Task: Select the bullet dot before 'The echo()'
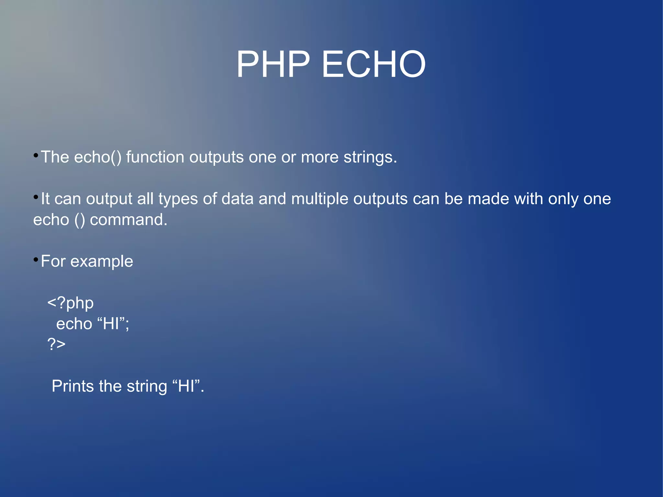click(x=36, y=156)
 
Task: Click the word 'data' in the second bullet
click(x=237, y=199)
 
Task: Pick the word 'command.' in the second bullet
click(x=129, y=220)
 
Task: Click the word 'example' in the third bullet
click(x=102, y=262)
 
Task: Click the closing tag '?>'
click(x=56, y=344)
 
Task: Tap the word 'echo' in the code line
click(x=74, y=324)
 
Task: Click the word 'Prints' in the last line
click(x=73, y=386)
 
